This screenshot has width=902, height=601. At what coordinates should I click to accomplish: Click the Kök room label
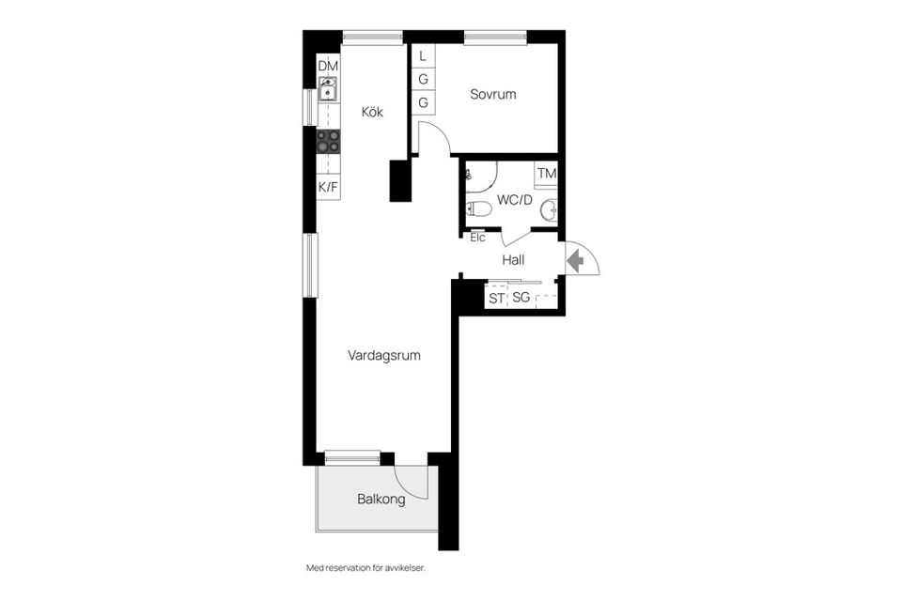pos(373,111)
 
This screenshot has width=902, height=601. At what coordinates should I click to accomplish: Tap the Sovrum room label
pos(493,95)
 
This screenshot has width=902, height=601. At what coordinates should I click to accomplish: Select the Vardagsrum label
pos(383,356)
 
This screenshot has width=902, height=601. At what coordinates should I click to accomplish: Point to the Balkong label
pos(381,500)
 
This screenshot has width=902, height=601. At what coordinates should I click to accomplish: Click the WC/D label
pos(515,200)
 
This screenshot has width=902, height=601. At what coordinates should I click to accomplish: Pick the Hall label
pos(513,260)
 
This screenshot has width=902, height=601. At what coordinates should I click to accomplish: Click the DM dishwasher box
pos(328,66)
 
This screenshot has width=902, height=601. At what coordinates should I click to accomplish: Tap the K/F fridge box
pos(328,188)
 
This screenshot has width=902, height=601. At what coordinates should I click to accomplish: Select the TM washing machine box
pos(546,174)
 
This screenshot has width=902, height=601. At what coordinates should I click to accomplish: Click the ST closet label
pos(496,299)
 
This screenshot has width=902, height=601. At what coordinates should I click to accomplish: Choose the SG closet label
pos(521,299)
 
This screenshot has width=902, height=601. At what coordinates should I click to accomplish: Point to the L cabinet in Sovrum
pos(423,56)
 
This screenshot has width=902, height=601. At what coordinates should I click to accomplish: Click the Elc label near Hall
pos(477,238)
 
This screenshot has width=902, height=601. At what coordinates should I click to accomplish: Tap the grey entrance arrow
pos(575,260)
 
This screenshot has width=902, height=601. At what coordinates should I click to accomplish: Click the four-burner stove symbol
pos(328,141)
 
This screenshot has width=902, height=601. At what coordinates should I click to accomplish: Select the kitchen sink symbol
pos(328,90)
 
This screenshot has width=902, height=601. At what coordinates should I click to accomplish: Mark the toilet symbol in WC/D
pos(478,208)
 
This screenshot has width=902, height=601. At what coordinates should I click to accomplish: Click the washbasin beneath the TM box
pos(548,210)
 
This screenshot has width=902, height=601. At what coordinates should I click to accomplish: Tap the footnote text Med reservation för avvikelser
pos(372,568)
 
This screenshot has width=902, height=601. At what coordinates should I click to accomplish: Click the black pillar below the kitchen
pos(401,180)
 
